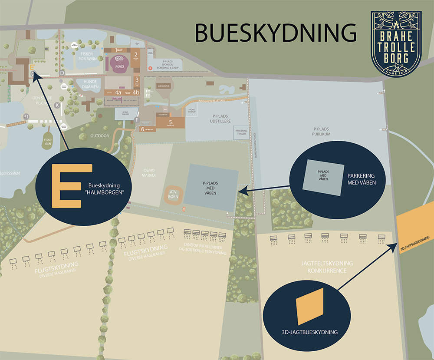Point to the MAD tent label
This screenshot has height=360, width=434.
pyautogui.click(x=118, y=65)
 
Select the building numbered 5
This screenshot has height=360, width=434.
pyautogui.click(x=171, y=122)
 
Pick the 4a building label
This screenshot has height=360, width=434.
pyautogui.click(x=118, y=92)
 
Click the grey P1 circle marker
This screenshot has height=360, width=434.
pyautogui.click(x=26, y=116)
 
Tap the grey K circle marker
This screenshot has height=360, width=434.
pyautogui.click(x=57, y=105)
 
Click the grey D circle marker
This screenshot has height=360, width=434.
pyautogui.click(x=62, y=72)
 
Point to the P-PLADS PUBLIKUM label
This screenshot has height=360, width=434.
pyautogui.click(x=322, y=132)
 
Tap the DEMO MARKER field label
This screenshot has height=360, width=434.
pyautogui.click(x=149, y=172)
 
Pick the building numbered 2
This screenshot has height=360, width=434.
pyautogui.click(x=136, y=55)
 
